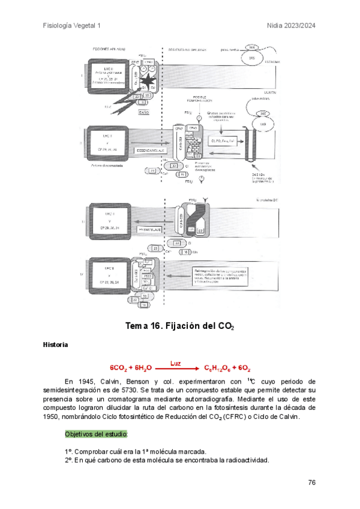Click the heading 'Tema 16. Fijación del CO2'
[x=179, y=327]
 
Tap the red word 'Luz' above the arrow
[x=175, y=363]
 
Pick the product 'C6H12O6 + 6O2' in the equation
[x=227, y=368]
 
